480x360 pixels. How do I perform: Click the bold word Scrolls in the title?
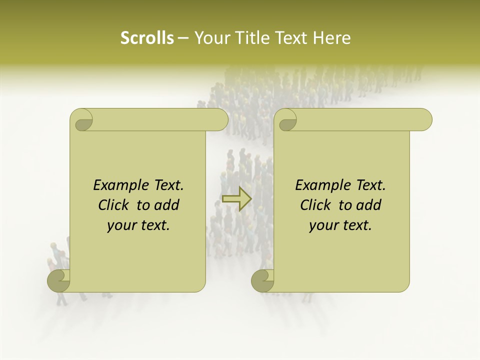147,38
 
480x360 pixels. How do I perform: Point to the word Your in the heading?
209,38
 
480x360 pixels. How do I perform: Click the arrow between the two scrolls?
236,198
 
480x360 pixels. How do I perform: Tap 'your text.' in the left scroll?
138,225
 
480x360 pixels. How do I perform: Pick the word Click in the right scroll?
316,205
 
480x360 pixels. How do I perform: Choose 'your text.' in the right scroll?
340,225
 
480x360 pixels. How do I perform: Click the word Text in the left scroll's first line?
167,185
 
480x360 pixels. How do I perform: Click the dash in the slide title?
183,38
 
